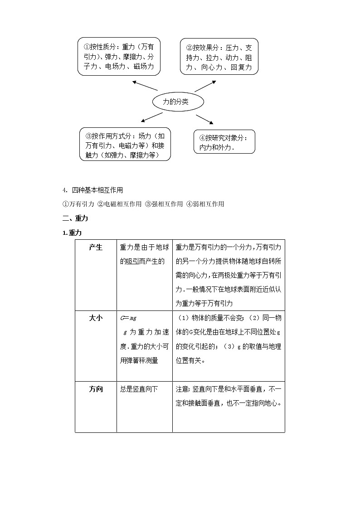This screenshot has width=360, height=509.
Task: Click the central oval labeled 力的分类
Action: [176, 102]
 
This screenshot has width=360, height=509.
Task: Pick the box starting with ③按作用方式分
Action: [125, 144]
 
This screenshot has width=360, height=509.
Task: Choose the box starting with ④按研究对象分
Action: [224, 142]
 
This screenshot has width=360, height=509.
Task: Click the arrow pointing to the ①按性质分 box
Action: [145, 86]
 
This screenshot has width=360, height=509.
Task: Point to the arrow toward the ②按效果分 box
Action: [205, 86]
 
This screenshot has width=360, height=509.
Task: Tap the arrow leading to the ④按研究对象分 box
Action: [204, 119]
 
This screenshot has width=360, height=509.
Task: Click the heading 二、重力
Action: [75, 218]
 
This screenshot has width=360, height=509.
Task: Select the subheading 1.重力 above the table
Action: [73, 233]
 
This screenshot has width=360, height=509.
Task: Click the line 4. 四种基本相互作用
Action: [93, 190]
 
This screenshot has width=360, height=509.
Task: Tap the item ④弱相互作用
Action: [205, 204]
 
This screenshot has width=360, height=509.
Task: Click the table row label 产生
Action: [96, 247]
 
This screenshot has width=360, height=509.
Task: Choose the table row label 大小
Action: [96, 318]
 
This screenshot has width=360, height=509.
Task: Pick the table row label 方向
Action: [96, 389]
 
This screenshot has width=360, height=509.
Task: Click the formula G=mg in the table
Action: [129, 318]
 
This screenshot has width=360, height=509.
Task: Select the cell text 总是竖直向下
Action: [139, 389]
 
